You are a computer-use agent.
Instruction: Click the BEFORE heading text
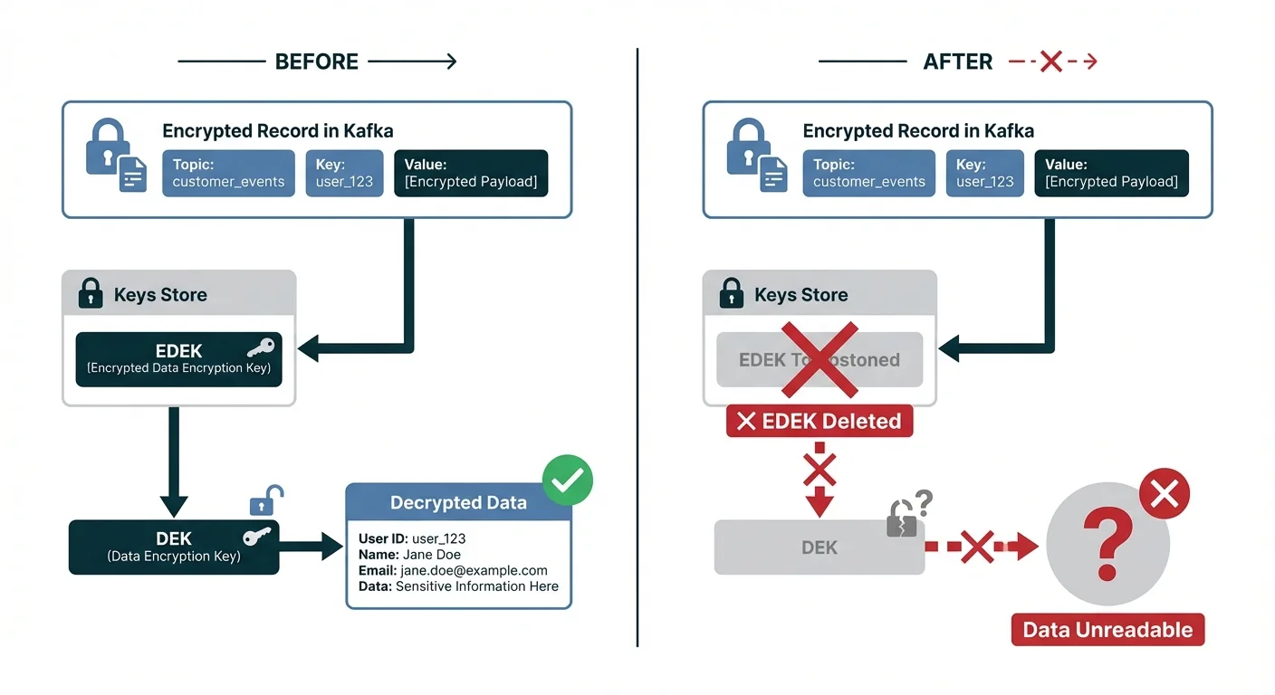coord(317,62)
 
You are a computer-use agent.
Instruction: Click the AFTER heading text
coord(957,62)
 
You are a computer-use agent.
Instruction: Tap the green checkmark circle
coord(567,480)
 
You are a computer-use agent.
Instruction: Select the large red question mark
coord(1107,543)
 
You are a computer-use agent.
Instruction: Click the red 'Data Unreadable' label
coord(1107,630)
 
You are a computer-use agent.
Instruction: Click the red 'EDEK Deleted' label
coord(819,422)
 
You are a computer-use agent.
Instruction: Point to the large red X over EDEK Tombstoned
coord(820,358)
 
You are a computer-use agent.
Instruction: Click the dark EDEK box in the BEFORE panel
coord(178,359)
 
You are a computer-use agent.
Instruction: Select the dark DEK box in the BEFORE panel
coord(174,547)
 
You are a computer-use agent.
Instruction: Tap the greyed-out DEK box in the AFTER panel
coord(819,547)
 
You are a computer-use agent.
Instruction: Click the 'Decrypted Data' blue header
coord(458,503)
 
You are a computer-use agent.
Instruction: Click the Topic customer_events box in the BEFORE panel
coord(228,173)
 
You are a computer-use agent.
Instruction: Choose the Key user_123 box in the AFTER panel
coord(985,173)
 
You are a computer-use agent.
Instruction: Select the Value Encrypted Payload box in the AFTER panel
coord(1111,173)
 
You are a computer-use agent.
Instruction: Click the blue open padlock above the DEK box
coord(266,500)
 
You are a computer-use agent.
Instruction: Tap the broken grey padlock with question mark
coord(903,519)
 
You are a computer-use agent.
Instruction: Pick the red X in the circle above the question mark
coord(1164,494)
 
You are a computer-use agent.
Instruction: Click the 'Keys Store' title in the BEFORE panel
coord(160,295)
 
